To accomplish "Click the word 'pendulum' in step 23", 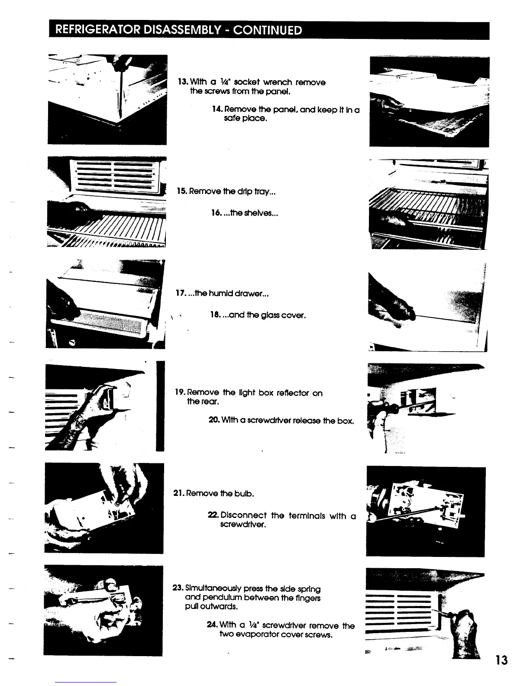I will [x=222, y=598].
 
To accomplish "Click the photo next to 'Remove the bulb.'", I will [x=104, y=508].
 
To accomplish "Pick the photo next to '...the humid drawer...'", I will [x=105, y=304].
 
